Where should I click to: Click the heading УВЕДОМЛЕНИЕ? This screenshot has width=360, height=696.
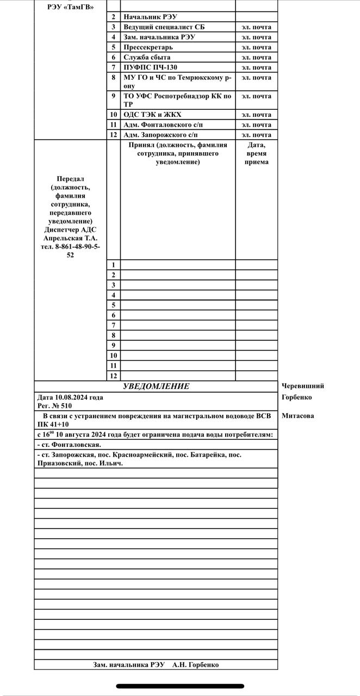(x=156, y=386)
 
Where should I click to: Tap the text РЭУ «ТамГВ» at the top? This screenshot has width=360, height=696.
(x=71, y=7)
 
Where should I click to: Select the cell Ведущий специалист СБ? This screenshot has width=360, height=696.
(x=164, y=27)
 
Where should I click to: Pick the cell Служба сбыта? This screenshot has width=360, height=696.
(x=147, y=57)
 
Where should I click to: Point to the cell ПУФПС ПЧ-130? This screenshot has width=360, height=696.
(x=151, y=67)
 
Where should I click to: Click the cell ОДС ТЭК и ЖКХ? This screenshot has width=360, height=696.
(x=152, y=115)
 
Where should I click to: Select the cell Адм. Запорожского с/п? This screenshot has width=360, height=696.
(x=161, y=135)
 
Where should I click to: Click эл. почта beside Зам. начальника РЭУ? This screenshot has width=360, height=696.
(x=256, y=37)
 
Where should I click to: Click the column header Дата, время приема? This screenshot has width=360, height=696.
(x=256, y=153)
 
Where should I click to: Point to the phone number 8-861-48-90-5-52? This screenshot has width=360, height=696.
(x=71, y=251)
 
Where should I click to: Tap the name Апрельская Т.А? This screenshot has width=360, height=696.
(x=71, y=238)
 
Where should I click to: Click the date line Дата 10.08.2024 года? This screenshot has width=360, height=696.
(x=70, y=397)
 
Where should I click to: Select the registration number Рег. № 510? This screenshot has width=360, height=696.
(x=54, y=406)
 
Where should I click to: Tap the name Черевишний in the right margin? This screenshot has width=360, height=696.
(x=303, y=386)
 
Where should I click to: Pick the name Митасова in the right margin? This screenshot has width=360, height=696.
(x=297, y=416)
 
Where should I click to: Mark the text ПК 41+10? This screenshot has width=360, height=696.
(x=53, y=424)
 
